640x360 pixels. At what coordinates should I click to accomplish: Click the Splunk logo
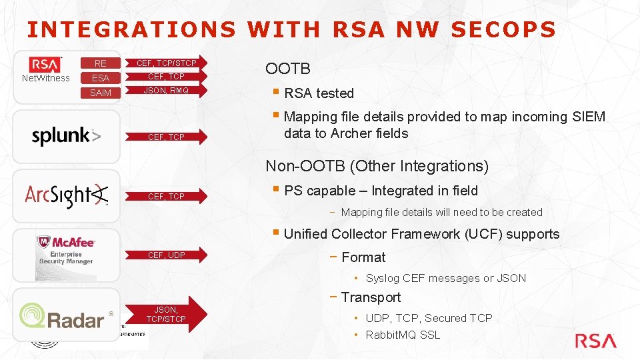coord(66,137)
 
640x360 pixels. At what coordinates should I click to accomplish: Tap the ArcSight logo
coord(66,194)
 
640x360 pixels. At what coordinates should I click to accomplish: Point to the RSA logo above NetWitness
coord(45,64)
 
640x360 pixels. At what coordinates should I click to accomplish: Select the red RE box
coord(101,64)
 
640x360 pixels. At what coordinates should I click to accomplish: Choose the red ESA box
coord(101,78)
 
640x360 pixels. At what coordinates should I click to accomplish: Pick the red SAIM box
coord(101,93)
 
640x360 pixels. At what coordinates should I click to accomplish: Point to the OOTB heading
coord(288,69)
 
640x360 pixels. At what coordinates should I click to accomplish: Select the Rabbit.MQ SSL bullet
coord(403,335)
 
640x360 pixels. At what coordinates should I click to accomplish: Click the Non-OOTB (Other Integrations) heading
coord(377,166)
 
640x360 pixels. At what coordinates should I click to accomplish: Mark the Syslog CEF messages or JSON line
coord(445,278)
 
